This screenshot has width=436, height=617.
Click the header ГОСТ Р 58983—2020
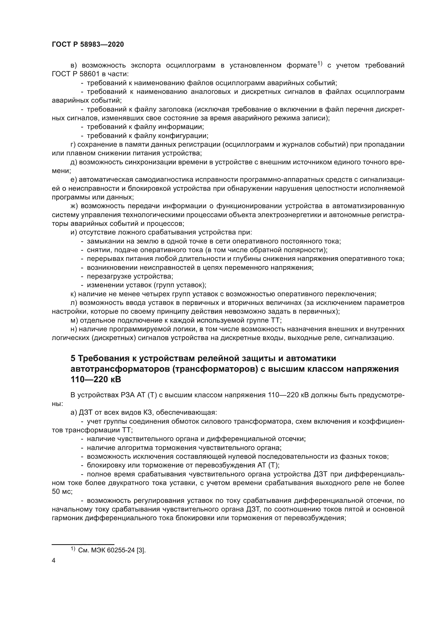pos(88,44)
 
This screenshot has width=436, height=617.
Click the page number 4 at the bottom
pos(54,560)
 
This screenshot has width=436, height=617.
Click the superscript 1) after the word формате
pos(319,64)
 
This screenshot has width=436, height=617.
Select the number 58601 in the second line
pos(83,74)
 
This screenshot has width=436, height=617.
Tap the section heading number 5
pos(73,358)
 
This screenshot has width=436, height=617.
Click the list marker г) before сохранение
pos(74,145)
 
